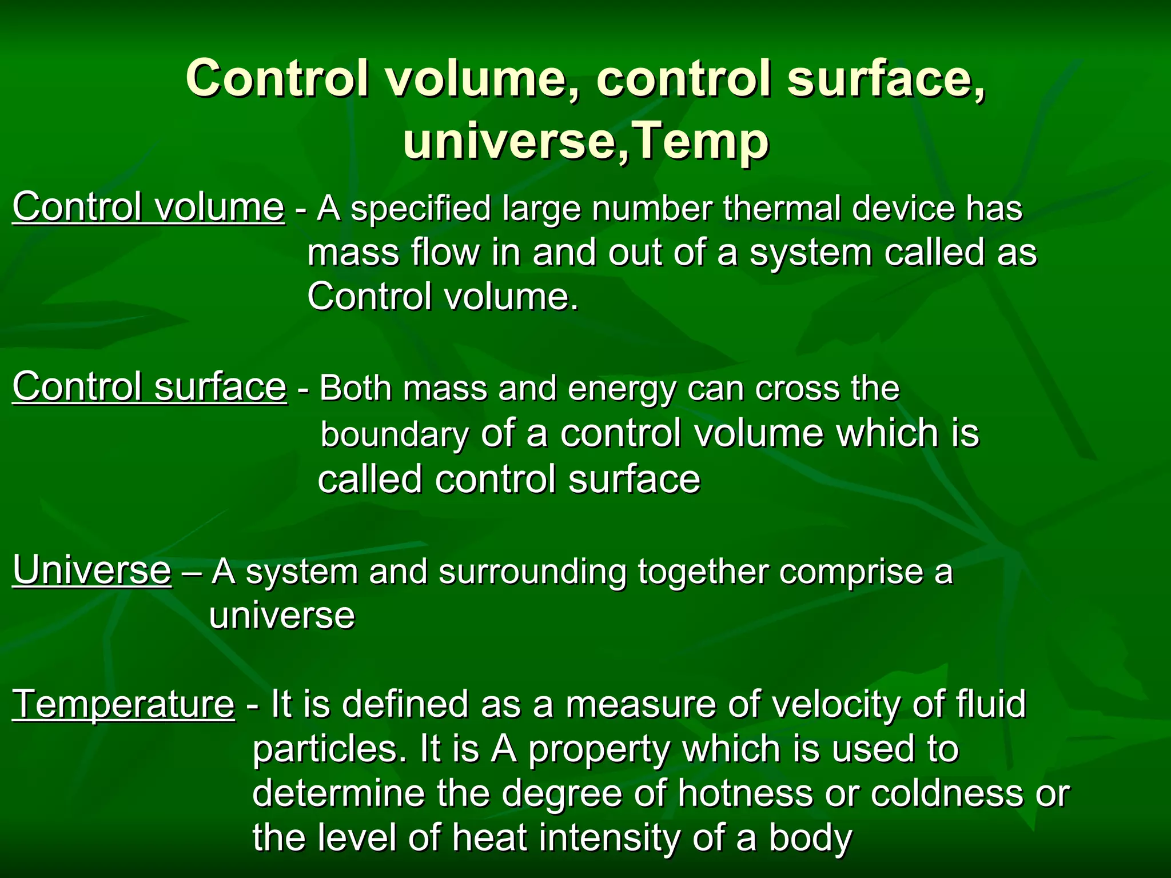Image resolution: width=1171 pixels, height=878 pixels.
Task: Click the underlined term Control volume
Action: pyautogui.click(x=148, y=207)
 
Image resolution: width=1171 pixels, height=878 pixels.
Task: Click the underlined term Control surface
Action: pyautogui.click(x=149, y=387)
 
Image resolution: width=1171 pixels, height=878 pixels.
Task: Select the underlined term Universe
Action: pyautogui.click(x=91, y=570)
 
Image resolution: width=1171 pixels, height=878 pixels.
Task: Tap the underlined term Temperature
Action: pyautogui.click(x=124, y=704)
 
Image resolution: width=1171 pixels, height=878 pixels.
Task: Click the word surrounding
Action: pyautogui.click(x=532, y=572)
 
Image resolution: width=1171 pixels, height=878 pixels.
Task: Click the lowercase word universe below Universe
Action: pyautogui.click(x=282, y=616)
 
